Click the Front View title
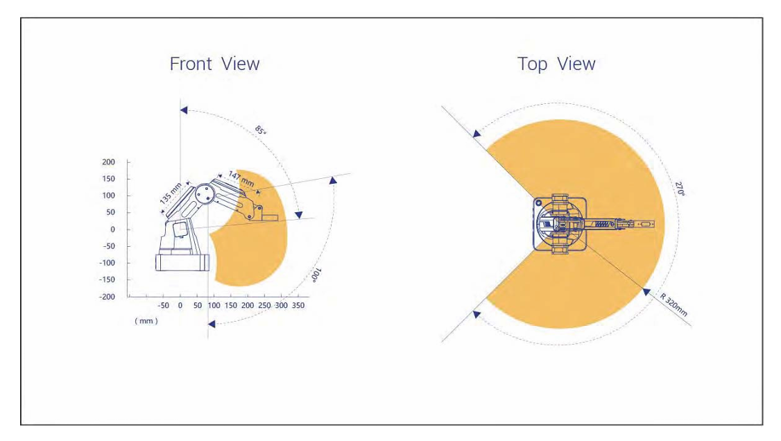(214, 64)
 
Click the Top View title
(556, 64)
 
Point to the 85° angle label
(261, 130)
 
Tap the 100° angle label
(316, 275)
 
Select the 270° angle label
(680, 189)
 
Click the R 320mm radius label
(674, 304)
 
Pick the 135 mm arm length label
(171, 193)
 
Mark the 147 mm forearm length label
(241, 179)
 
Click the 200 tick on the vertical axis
(109, 162)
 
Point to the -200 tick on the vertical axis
(107, 297)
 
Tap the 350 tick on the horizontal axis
(298, 305)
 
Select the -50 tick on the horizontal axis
(164, 305)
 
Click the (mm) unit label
(146, 321)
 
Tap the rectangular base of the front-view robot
(182, 262)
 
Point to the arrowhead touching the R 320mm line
(646, 292)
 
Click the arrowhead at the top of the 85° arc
(184, 110)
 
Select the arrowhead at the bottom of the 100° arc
(212, 324)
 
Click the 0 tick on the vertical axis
(112, 230)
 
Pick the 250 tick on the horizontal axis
(264, 305)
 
